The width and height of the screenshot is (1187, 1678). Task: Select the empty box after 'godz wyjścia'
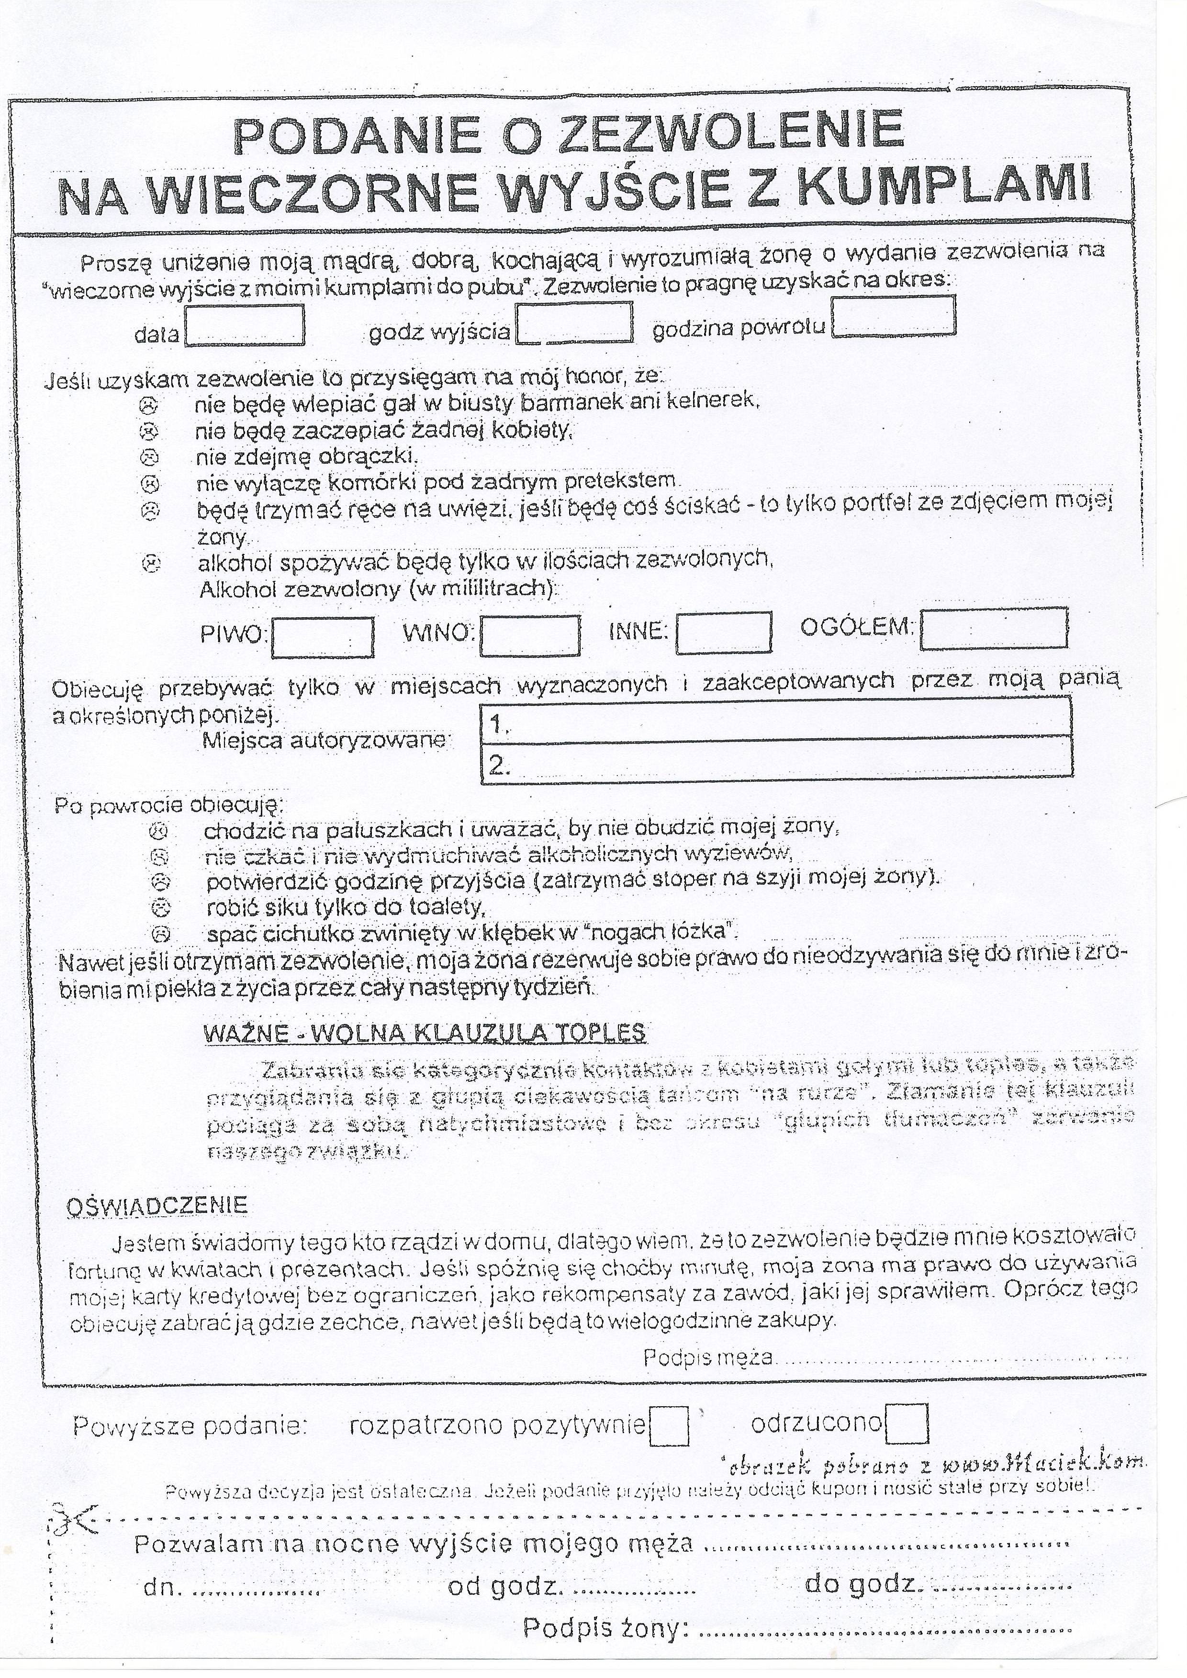click(574, 323)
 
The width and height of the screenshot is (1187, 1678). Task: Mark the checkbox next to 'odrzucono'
click(907, 1423)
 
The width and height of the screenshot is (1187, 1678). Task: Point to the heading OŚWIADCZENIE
click(157, 1205)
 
